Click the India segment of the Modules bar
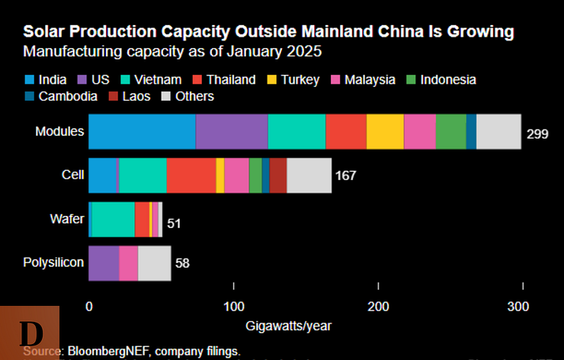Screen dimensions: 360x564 142,131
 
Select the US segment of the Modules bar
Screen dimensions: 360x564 232,131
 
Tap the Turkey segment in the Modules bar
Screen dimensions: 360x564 385,131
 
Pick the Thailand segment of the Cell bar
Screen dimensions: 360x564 191,175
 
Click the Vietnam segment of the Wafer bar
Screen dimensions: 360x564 113,220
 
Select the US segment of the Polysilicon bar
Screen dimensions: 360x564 104,263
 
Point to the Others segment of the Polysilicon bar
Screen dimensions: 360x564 154,263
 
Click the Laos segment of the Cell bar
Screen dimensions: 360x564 277,175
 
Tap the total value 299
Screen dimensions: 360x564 537,134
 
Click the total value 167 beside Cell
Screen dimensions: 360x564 345,176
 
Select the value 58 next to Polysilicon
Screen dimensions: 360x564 182,264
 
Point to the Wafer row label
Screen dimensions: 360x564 66,220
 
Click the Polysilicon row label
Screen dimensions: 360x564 53,263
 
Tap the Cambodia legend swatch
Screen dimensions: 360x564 30,96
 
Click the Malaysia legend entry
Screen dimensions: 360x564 369,79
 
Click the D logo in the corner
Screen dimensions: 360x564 30,333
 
